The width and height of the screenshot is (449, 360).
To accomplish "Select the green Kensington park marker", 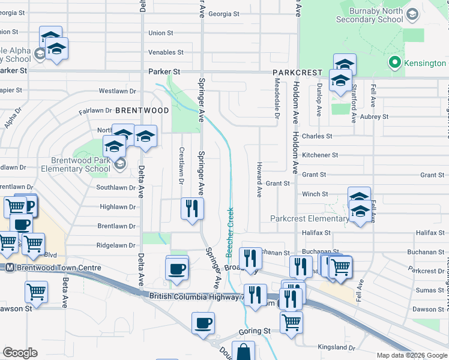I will pos(394,62).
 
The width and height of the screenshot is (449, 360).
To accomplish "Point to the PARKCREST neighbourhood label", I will pos(294,72).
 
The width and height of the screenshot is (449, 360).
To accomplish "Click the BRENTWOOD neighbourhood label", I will pos(142,110).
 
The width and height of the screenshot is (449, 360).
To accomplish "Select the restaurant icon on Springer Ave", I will pos(192,209).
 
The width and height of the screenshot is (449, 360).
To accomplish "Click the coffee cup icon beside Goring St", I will pos(203,323).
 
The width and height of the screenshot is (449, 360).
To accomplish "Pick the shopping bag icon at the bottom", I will pos(243,352).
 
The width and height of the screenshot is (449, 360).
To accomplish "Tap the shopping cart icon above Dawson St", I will pos(36,292).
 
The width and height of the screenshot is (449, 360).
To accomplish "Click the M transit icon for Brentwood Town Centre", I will pos(10,268).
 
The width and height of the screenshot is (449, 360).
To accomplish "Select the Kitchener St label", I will pos(320,155).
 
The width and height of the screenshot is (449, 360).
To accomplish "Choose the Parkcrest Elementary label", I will pos(309,218).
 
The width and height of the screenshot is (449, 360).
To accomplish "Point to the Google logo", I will pos(20,353).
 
